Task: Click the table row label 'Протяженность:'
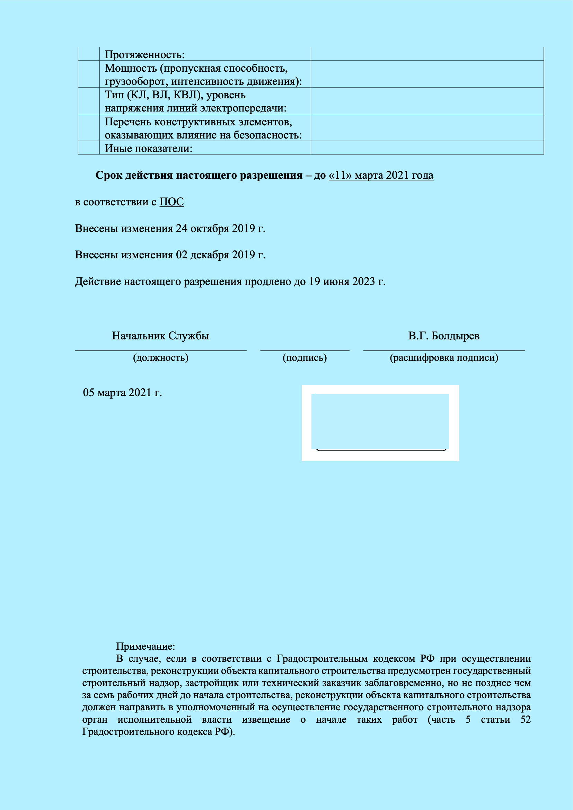(x=145, y=55)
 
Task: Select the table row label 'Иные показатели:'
(x=149, y=149)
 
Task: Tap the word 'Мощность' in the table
(x=130, y=68)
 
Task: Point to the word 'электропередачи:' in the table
(x=243, y=108)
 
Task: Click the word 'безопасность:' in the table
(x=268, y=135)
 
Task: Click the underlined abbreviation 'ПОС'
(x=171, y=202)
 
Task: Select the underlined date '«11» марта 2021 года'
(x=381, y=175)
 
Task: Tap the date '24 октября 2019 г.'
(x=221, y=229)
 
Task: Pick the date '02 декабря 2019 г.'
(x=221, y=255)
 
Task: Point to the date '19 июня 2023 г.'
(x=347, y=282)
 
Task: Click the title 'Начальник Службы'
(x=160, y=336)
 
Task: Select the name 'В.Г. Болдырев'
(x=444, y=336)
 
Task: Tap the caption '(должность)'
(x=160, y=358)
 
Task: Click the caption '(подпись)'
(x=305, y=358)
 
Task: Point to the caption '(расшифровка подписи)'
(x=444, y=358)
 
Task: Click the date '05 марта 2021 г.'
(x=122, y=392)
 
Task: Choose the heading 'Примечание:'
(x=146, y=646)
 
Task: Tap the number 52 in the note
(x=526, y=720)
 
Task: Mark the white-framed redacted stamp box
(x=380, y=422)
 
